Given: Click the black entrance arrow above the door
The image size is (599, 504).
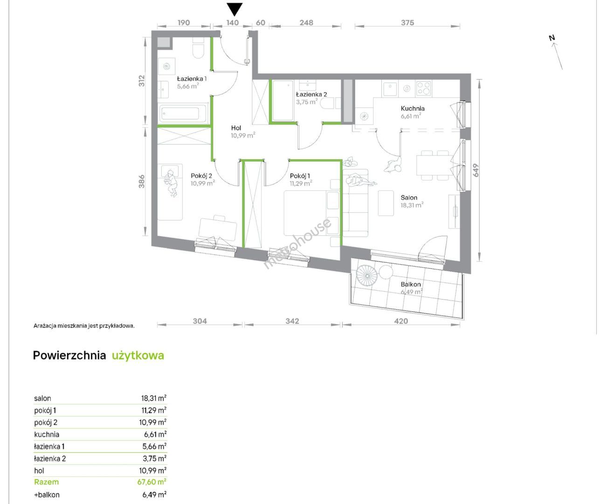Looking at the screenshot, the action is click(234, 9).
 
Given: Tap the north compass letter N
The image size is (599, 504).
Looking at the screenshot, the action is click(551, 38).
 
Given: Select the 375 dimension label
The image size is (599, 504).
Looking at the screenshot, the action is click(407, 22).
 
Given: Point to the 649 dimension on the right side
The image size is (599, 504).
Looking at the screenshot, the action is click(475, 170).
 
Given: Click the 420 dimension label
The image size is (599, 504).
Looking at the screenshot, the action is click(401, 321).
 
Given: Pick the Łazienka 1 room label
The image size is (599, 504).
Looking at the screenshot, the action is click(192, 78).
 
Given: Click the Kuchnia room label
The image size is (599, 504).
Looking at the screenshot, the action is click(413, 108).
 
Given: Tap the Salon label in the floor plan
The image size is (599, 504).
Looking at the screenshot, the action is click(409, 197).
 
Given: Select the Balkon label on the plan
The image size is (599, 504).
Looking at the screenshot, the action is click(411, 284).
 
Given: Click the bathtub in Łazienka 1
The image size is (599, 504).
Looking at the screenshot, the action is click(182, 113).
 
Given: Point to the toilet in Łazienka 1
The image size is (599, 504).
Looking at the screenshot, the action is click(198, 50).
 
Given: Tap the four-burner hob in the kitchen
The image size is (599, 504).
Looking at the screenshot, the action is click(423, 88).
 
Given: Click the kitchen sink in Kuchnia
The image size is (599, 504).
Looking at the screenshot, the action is click(390, 88).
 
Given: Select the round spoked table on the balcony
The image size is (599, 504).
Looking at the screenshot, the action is click(367, 275).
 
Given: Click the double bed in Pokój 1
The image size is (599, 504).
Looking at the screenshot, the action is click(312, 213).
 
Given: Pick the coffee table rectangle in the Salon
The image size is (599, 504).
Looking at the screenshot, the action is click(386, 203).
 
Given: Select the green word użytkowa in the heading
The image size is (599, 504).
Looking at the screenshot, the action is click(138, 355).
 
